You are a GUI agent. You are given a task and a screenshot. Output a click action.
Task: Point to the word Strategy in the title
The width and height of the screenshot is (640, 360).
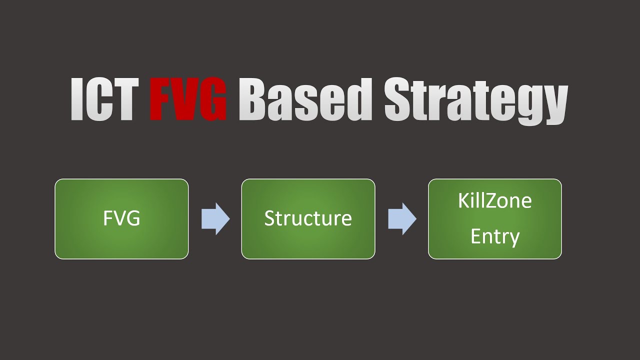coord(475,100)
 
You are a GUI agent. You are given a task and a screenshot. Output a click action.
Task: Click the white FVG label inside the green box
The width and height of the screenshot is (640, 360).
coord(121,218)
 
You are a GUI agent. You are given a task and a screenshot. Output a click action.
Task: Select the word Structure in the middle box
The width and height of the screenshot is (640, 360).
coord(308,218)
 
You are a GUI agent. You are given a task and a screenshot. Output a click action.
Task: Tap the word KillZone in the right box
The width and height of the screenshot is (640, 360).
coord(494,201)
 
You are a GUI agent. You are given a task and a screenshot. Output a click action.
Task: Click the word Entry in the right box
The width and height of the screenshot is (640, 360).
coord(494,236)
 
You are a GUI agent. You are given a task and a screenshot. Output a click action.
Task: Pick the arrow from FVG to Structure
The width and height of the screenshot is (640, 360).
coord(215,218)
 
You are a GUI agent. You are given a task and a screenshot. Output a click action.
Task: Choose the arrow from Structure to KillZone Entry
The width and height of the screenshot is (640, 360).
coord(401,218)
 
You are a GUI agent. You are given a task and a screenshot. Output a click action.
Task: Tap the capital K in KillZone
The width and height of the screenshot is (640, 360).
coord(463,201)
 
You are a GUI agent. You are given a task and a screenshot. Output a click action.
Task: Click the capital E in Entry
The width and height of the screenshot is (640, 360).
coord(475,236)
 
